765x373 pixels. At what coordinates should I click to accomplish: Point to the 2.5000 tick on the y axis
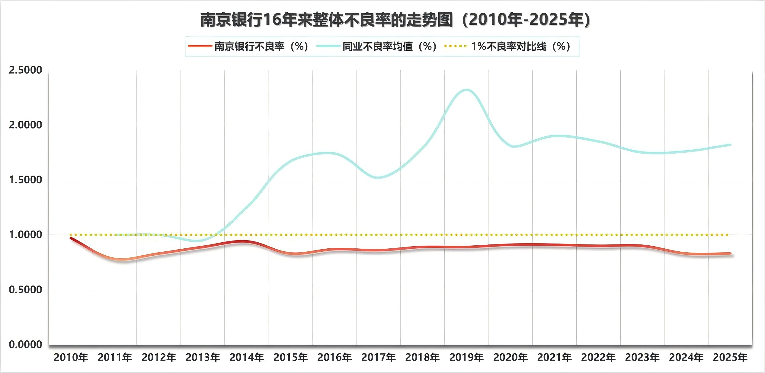tap(25, 70)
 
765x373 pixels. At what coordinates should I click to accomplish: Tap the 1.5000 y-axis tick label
tap(25, 180)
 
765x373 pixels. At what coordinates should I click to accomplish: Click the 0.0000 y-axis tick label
tap(25, 344)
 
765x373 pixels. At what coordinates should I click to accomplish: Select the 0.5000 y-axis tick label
tap(25, 290)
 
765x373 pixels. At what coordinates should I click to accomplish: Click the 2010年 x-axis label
tap(71, 358)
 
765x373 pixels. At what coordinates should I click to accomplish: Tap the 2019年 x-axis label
tap(466, 358)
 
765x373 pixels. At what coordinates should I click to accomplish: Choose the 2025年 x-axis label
tap(730, 358)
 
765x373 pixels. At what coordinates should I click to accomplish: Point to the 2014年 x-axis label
tap(247, 358)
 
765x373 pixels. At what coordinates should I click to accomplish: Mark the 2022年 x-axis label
tap(598, 358)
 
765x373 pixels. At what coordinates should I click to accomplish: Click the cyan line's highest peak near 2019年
tap(466, 90)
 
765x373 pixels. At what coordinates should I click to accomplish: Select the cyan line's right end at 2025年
tap(730, 145)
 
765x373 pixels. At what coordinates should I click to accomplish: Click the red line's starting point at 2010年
tap(71, 238)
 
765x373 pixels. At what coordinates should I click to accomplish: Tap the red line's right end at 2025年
tap(730, 254)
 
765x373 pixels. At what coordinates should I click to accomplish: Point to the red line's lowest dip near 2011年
tap(121, 260)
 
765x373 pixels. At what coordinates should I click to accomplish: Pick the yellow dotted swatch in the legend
tap(456, 46)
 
